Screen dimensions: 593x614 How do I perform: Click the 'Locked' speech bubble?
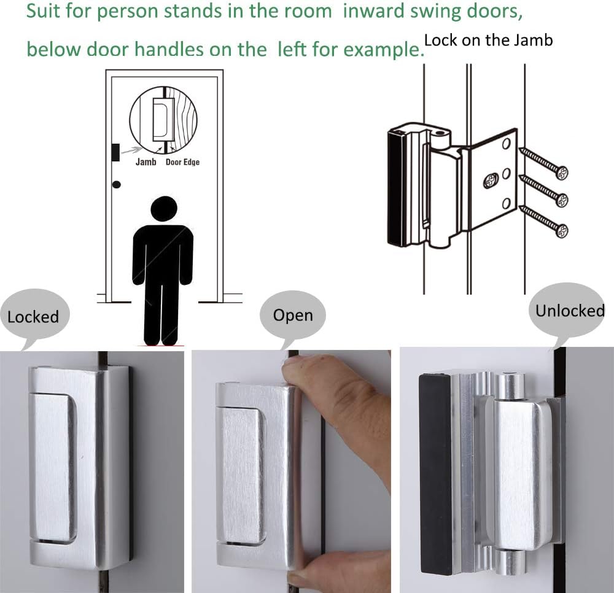click(34, 317)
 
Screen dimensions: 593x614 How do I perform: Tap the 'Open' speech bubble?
click(293, 316)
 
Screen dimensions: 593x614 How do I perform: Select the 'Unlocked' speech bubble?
click(569, 311)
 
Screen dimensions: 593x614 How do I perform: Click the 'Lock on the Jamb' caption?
click(488, 41)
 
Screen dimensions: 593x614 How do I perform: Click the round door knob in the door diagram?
click(117, 184)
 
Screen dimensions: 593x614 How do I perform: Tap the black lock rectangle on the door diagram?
click(115, 152)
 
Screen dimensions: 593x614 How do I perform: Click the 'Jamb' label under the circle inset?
click(146, 162)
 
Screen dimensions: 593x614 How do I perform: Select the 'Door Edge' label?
click(182, 162)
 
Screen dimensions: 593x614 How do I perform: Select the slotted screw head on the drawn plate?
click(492, 180)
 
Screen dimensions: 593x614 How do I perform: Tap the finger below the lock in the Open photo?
click(353, 565)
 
